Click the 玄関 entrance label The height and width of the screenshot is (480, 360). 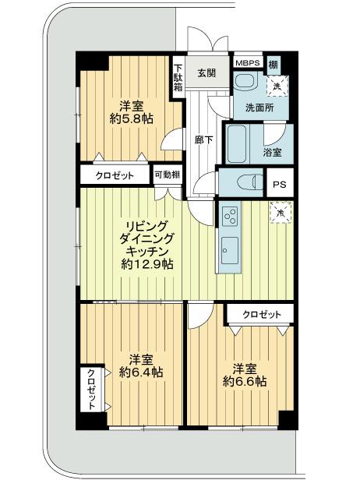[206, 73]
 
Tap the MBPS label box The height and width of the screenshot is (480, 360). [248, 63]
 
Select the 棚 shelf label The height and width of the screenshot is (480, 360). [274, 63]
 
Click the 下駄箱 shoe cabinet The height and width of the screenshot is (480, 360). [178, 78]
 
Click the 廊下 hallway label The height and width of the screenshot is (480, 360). [201, 140]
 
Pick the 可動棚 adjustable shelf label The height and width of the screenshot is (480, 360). [167, 175]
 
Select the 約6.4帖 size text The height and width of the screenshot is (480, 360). [140, 372]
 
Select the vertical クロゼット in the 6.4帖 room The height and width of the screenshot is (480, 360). [90, 389]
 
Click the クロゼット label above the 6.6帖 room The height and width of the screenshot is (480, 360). [259, 314]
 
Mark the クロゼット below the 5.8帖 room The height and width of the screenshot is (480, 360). [115, 176]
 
